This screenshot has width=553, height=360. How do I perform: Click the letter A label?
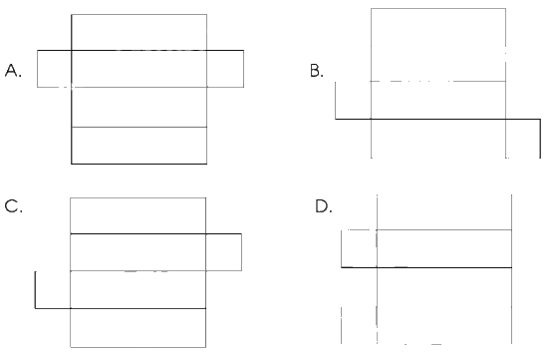(13, 71)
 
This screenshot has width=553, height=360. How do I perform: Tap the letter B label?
(316, 71)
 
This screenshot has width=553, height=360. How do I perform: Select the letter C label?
(13, 206)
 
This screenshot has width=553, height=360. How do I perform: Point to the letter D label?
(324, 206)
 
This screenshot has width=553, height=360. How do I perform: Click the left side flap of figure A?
(55, 69)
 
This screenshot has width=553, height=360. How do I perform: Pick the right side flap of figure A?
(225, 69)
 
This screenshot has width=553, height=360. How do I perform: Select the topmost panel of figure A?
(138, 33)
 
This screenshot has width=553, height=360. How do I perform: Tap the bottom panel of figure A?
(138, 146)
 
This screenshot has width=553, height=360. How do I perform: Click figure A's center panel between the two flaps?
(138, 69)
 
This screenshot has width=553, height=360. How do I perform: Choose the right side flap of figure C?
(223, 252)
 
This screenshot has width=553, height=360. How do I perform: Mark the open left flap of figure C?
(35, 290)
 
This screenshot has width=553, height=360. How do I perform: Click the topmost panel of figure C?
(138, 215)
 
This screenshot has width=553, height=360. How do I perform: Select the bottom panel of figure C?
(138, 328)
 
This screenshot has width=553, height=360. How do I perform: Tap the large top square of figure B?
(438, 45)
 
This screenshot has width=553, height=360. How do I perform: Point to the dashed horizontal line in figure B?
(438, 81)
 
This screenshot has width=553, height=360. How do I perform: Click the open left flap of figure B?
(336, 101)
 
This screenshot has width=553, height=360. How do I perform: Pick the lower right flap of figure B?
(540, 139)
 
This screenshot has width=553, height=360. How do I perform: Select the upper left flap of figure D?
(341, 248)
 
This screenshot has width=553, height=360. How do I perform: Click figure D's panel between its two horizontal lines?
(444, 248)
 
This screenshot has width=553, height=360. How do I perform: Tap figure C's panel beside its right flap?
(138, 252)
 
